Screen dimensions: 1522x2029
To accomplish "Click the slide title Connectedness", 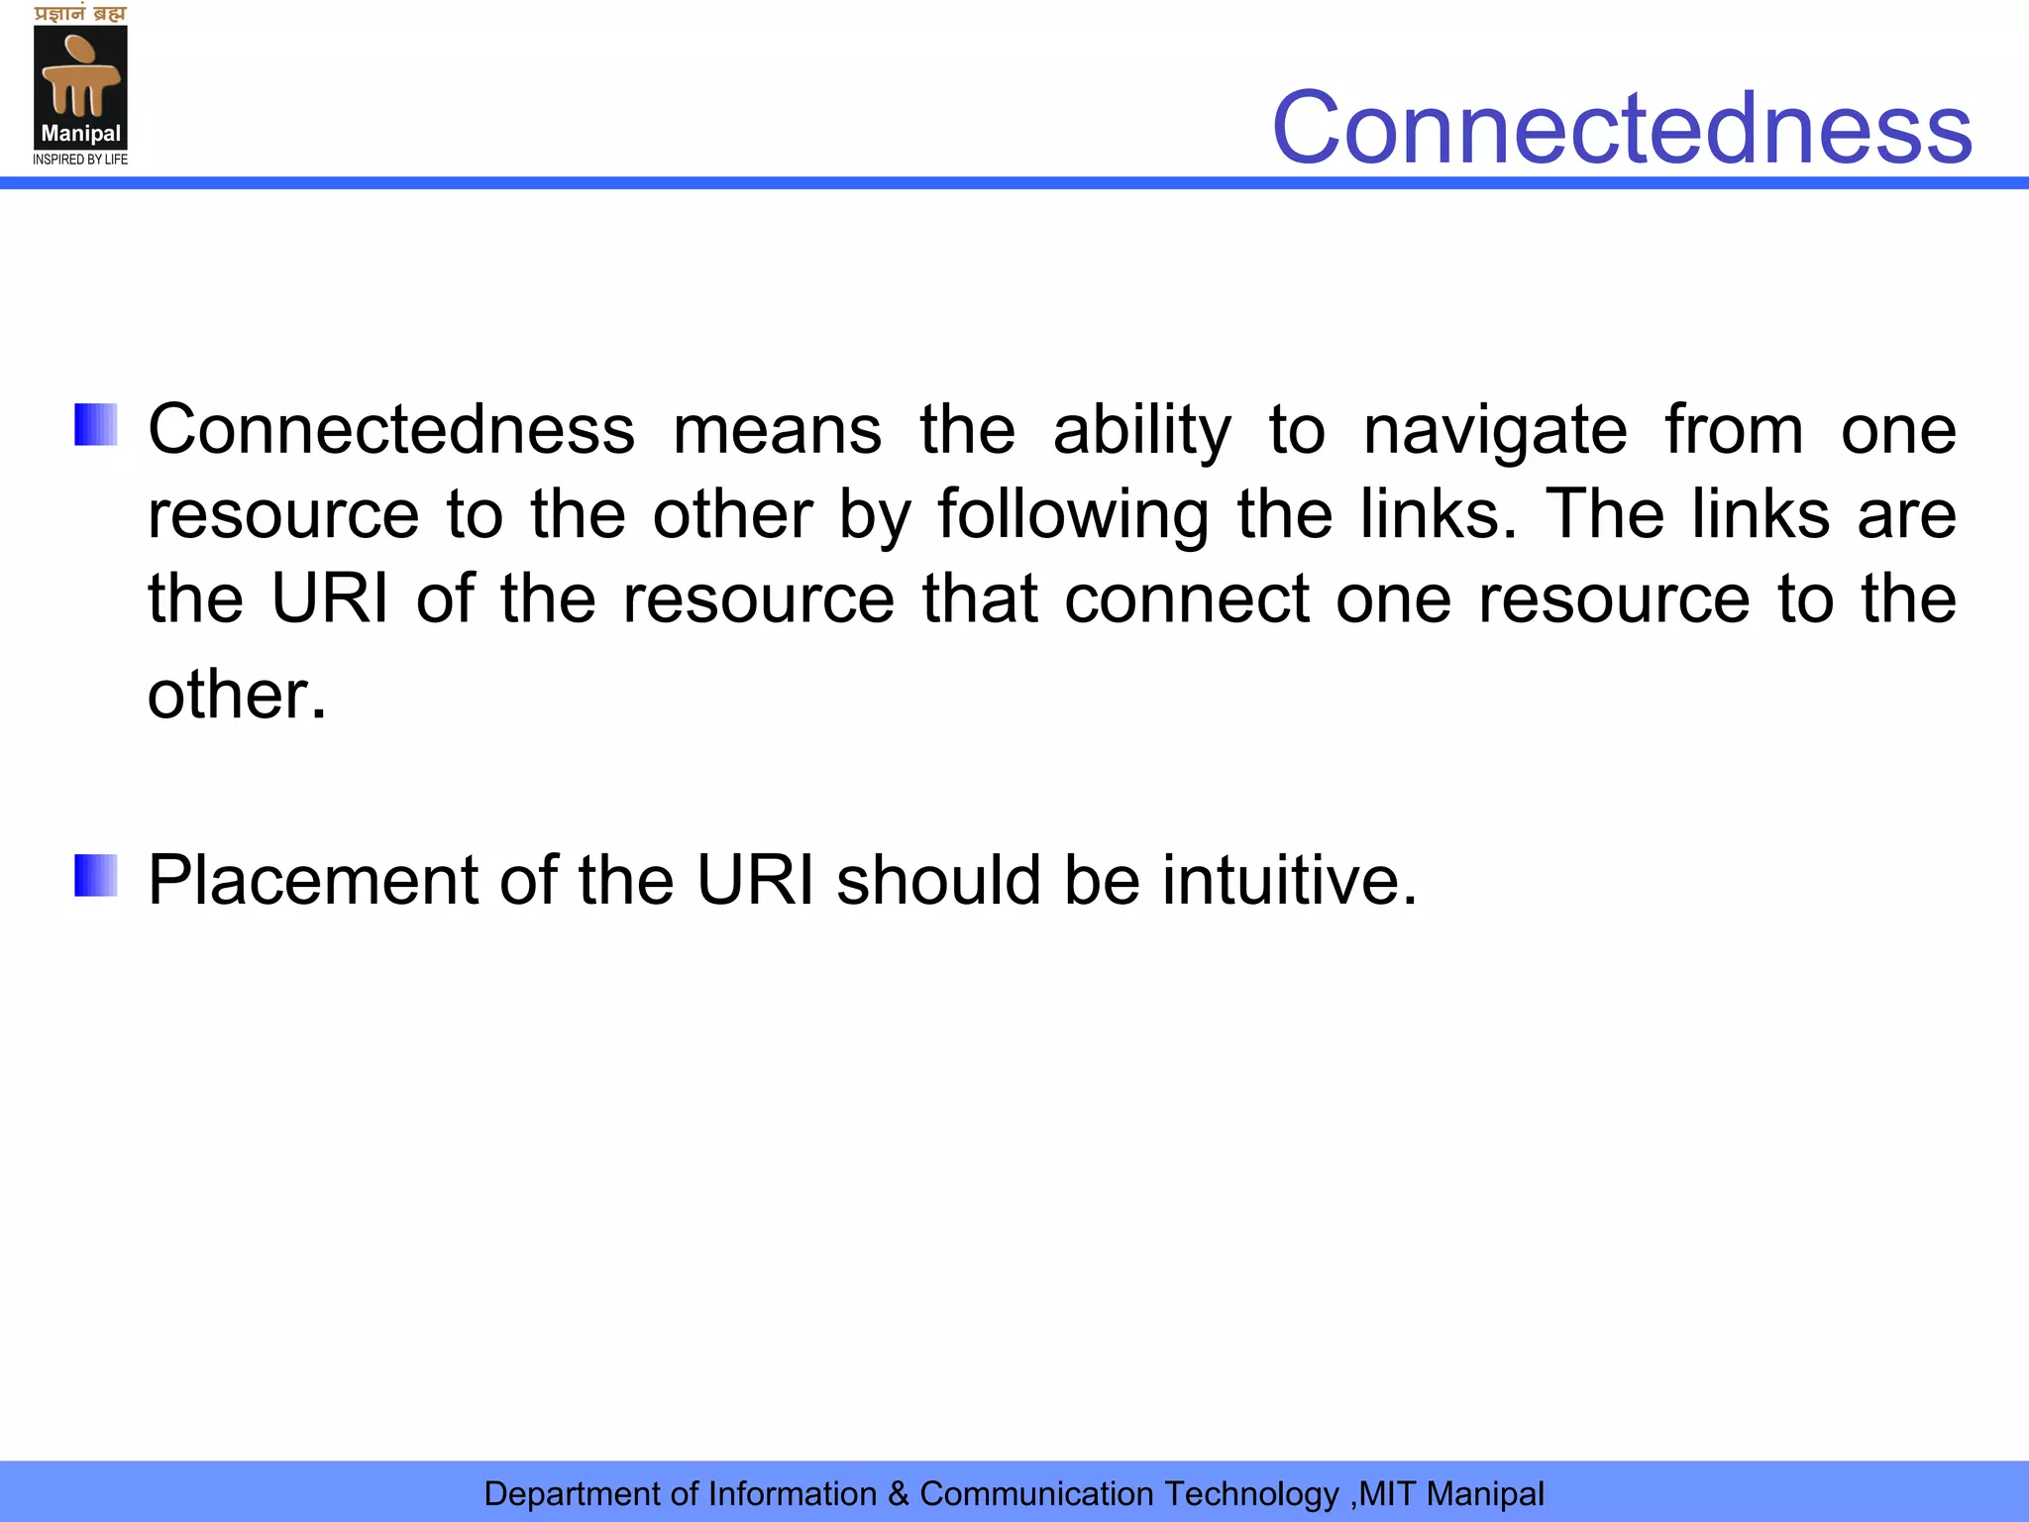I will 1622,128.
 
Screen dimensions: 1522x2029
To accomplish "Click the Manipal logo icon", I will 80,79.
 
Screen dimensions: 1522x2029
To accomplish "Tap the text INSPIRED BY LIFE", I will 80,160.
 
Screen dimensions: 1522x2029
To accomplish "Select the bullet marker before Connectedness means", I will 96,425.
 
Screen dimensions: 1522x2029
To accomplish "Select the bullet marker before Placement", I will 96,876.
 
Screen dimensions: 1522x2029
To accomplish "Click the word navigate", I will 1495,431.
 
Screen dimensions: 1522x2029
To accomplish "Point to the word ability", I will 1142,431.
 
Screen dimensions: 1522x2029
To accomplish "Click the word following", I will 1073,515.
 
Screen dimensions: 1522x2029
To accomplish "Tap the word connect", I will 1187,599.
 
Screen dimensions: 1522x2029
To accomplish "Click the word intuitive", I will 1289,880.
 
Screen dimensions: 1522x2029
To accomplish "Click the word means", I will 777,431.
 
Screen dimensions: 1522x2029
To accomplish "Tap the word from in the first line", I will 1734,431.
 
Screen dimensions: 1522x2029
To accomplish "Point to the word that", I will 980,599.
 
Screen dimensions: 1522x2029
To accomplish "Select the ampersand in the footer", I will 899,1493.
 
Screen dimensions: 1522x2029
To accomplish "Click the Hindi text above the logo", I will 80,14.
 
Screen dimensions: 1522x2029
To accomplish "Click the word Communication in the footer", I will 1036,1493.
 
